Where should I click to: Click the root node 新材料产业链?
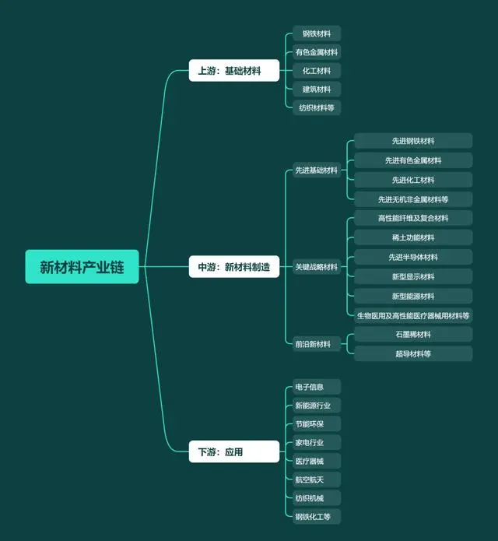point(82,267)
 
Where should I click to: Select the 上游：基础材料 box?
point(233,70)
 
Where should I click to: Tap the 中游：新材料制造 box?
point(233,267)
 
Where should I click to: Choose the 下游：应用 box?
point(233,451)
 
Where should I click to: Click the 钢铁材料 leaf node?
point(317,33)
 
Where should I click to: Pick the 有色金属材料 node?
point(317,52)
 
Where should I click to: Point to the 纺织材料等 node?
point(317,107)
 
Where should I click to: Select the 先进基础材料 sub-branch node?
point(317,170)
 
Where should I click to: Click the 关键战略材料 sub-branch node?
point(317,267)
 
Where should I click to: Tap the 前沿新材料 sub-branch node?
point(317,344)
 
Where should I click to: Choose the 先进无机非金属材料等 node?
point(413,199)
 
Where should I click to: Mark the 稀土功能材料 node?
point(413,237)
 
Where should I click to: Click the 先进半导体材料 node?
point(413,257)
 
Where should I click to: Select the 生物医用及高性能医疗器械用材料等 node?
point(413,316)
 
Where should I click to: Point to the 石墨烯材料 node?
point(413,334)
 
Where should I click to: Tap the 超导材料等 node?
point(413,353)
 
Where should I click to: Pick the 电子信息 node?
point(317,387)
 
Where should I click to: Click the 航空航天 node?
point(317,480)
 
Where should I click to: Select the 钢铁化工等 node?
point(317,517)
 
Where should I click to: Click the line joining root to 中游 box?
point(164,267)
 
